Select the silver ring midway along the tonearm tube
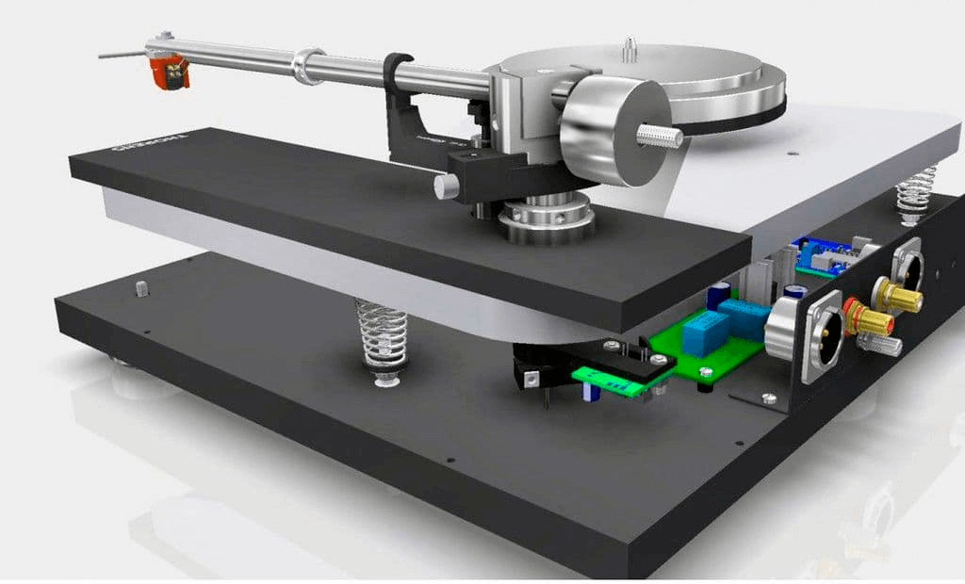308,67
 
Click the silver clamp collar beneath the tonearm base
547,222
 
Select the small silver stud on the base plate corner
142,288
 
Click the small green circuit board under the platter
604,381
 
